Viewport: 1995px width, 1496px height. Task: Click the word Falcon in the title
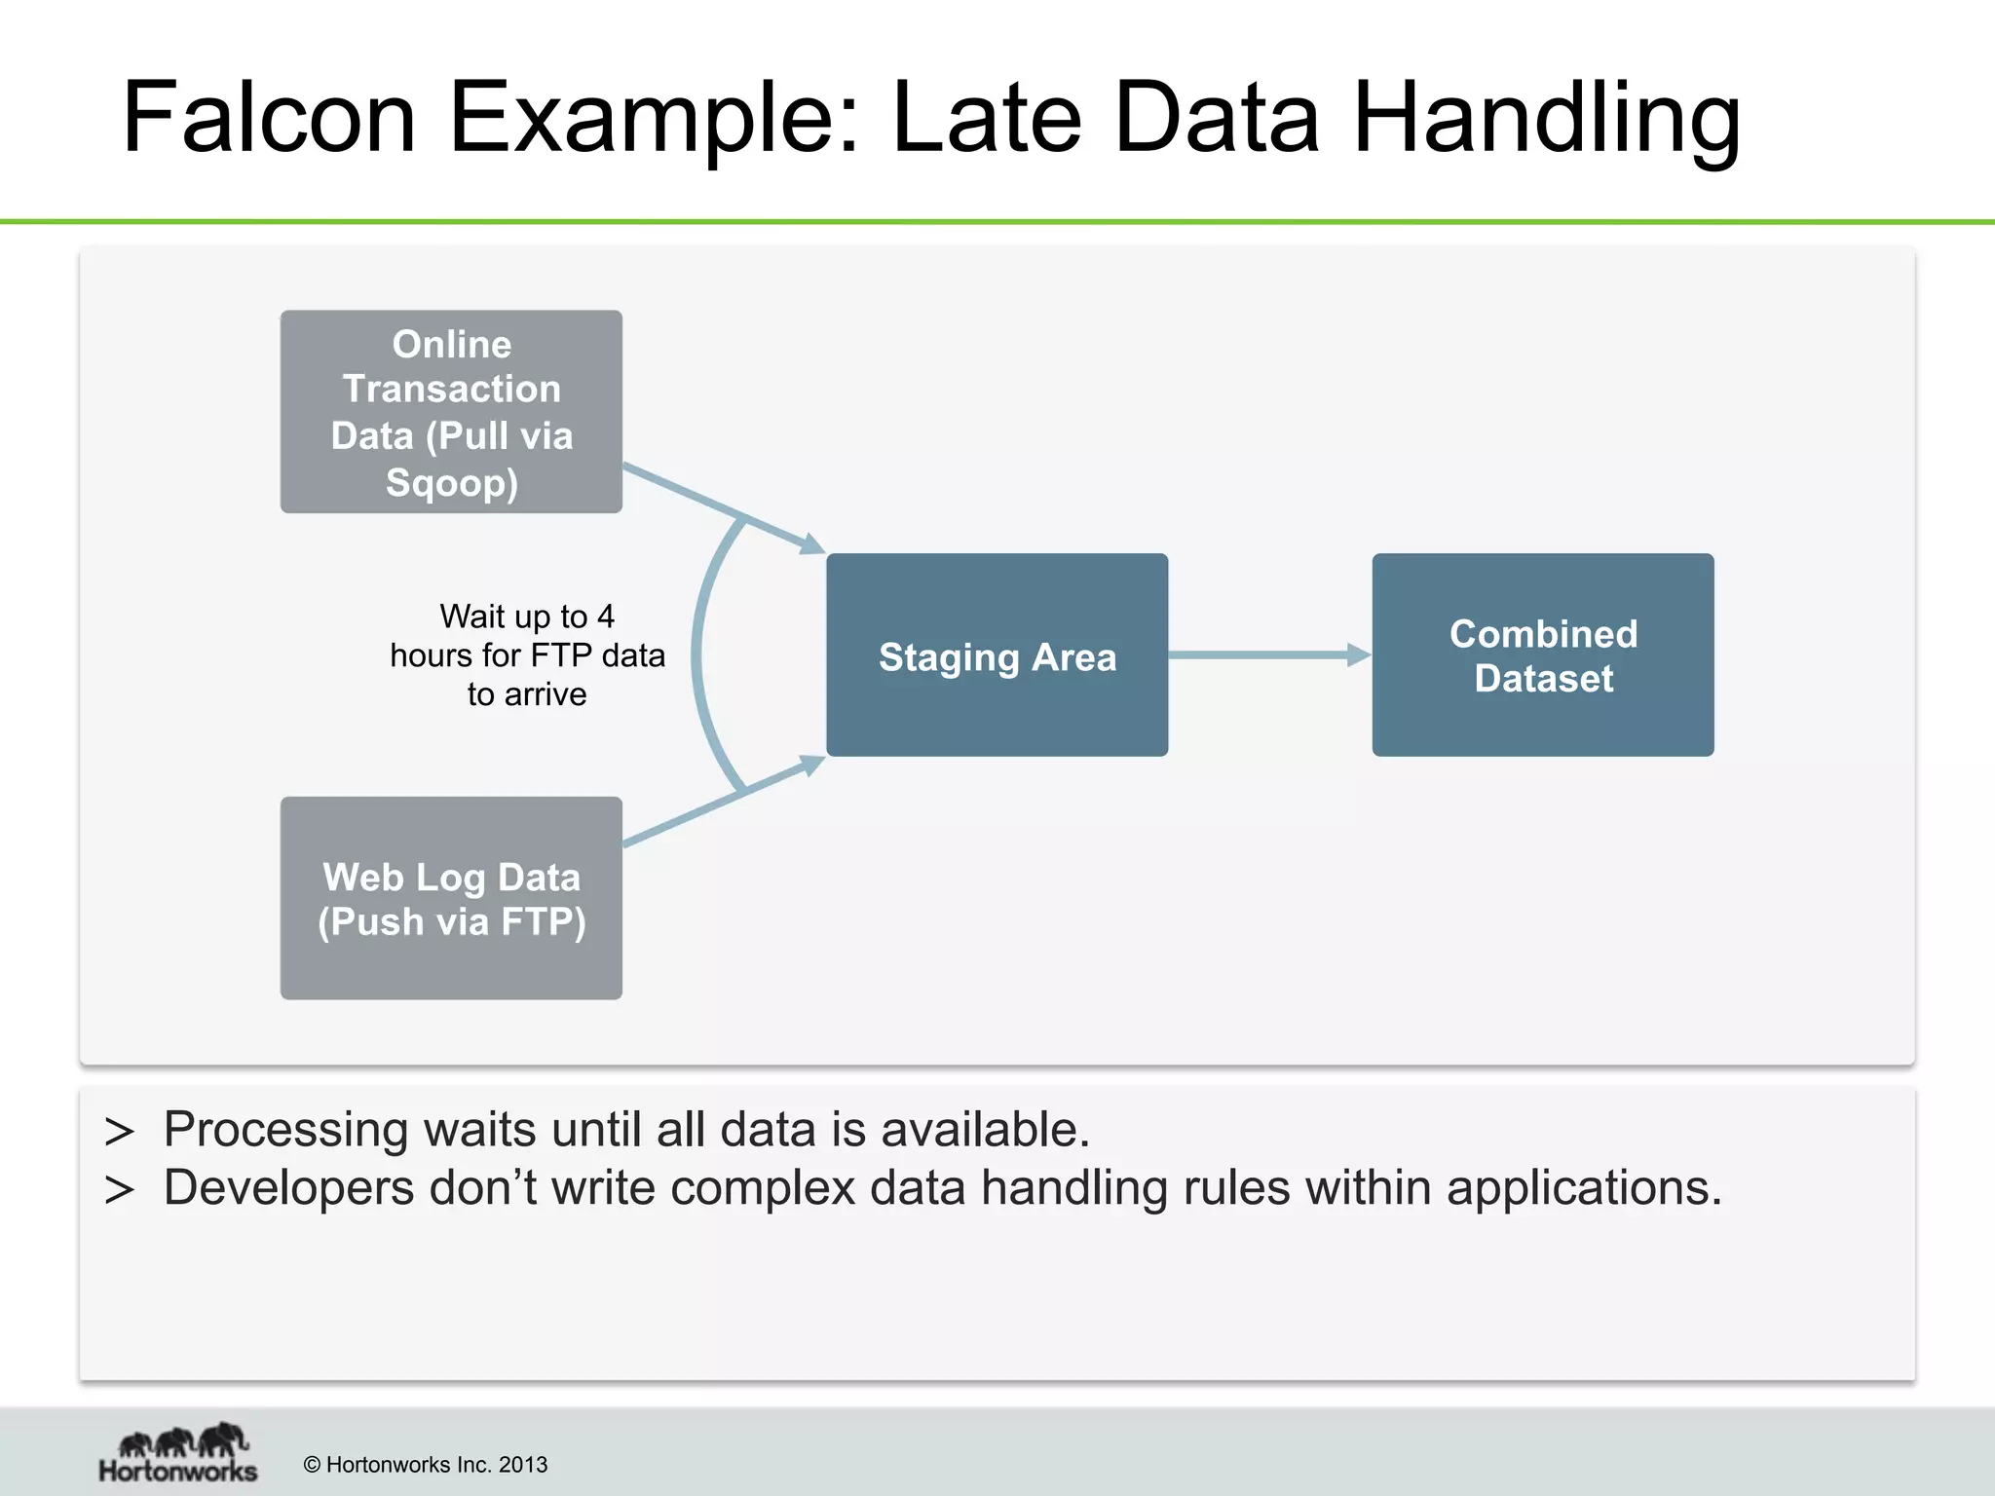click(270, 119)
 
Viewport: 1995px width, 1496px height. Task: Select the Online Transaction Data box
click(451, 411)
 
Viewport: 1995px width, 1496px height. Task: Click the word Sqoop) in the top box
click(452, 483)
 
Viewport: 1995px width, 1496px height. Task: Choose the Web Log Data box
click(451, 898)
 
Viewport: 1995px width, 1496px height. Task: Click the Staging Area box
click(997, 655)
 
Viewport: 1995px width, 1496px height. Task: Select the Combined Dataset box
click(1543, 655)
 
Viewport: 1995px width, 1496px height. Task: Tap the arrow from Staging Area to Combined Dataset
click(1266, 655)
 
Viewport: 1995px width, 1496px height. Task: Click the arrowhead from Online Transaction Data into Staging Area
click(811, 543)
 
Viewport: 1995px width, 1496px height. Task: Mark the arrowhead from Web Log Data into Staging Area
click(811, 766)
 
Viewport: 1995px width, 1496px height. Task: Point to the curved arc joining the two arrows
click(698, 654)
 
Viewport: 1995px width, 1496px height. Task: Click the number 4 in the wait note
click(606, 617)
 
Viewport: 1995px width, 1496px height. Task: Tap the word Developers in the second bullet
click(288, 1189)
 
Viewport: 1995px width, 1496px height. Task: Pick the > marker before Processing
click(119, 1132)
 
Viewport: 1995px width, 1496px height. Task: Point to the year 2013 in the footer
click(523, 1465)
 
